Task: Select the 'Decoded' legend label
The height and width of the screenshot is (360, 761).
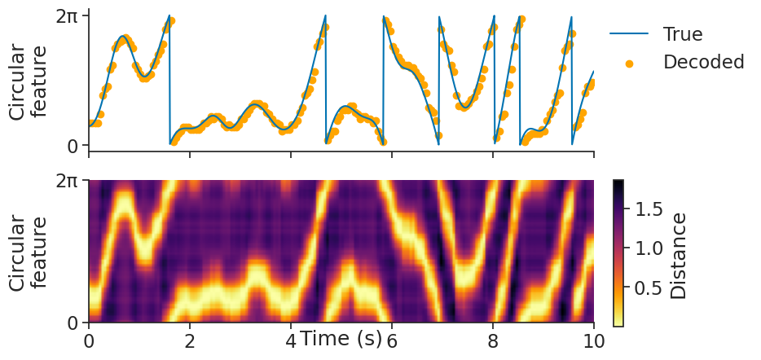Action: pyautogui.click(x=704, y=62)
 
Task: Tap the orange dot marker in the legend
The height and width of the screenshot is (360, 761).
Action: pyautogui.click(x=629, y=63)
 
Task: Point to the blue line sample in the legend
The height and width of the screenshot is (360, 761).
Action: pyautogui.click(x=629, y=34)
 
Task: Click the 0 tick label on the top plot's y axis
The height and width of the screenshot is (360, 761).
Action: pyautogui.click(x=73, y=146)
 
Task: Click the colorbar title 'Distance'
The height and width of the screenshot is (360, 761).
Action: pyautogui.click(x=679, y=255)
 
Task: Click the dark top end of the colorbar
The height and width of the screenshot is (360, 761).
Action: pyautogui.click(x=618, y=184)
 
